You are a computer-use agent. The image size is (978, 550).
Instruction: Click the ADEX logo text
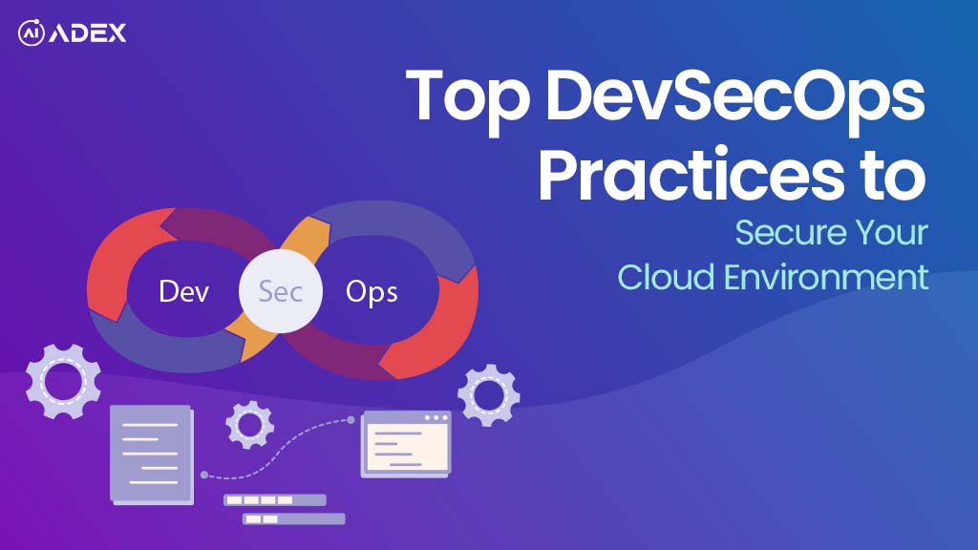pyautogui.click(x=87, y=33)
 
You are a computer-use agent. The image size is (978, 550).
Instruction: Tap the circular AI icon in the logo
pyautogui.click(x=32, y=33)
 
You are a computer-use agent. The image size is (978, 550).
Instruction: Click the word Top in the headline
pyautogui.click(x=467, y=98)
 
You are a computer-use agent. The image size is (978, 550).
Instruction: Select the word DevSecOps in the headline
pyautogui.click(x=734, y=98)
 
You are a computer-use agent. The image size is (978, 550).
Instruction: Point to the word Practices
pyautogui.click(x=691, y=174)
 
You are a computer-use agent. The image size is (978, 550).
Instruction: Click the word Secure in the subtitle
pyautogui.click(x=790, y=233)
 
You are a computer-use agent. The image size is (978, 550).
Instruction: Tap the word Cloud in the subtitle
pyautogui.click(x=666, y=277)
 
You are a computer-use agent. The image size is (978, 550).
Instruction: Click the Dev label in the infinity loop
pyautogui.click(x=183, y=291)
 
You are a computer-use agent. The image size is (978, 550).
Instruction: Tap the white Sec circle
pyautogui.click(x=281, y=291)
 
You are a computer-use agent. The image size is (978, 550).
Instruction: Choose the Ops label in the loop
pyautogui.click(x=372, y=292)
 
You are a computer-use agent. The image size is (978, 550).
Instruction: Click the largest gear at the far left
pyautogui.click(x=64, y=382)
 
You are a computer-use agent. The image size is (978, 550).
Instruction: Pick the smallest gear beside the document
pyautogui.click(x=249, y=425)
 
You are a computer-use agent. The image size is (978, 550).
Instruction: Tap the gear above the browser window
pyautogui.click(x=488, y=395)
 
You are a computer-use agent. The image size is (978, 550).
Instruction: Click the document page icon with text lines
pyautogui.click(x=152, y=455)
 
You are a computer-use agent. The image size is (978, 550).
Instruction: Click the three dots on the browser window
pyautogui.click(x=436, y=418)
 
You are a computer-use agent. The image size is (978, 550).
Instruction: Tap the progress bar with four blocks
pyautogui.click(x=274, y=500)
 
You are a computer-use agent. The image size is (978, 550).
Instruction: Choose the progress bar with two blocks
pyautogui.click(x=294, y=518)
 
